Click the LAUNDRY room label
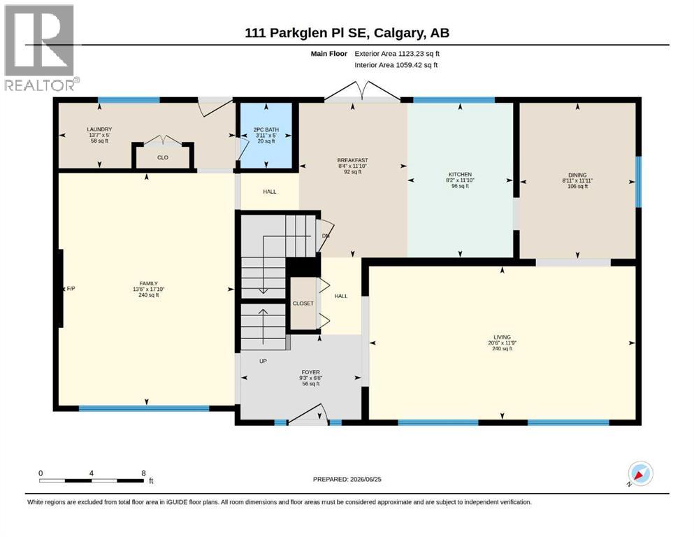tap(99, 129)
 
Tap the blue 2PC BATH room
tap(266, 136)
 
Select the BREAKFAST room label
tap(352, 160)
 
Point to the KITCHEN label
tap(460, 174)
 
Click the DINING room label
tap(577, 175)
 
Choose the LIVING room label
tap(502, 337)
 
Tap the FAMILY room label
tap(148, 283)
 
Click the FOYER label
tap(310, 372)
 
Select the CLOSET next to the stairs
tap(303, 303)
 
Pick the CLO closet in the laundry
tap(162, 157)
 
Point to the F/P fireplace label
tap(71, 289)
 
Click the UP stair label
tap(263, 361)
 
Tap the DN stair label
tap(326, 236)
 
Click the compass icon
tap(640, 473)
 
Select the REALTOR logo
tap(41, 47)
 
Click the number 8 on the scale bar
tap(143, 473)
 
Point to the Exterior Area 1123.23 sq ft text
tap(396, 54)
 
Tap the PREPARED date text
tap(347, 479)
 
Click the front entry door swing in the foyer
tap(308, 413)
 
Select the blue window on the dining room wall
tap(638, 182)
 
